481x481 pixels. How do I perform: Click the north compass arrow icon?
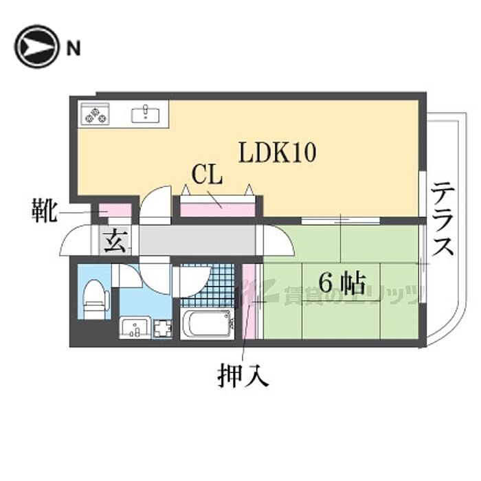36,47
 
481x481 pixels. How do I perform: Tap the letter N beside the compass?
73,47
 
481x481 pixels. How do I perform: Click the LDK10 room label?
277,153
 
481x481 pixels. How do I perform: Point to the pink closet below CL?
217,206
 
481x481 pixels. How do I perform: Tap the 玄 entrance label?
115,242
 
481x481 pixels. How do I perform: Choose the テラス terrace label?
443,218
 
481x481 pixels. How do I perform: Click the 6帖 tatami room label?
342,282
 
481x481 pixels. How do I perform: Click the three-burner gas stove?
95,114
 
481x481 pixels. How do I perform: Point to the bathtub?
208,323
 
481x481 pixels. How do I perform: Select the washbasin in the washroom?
135,328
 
